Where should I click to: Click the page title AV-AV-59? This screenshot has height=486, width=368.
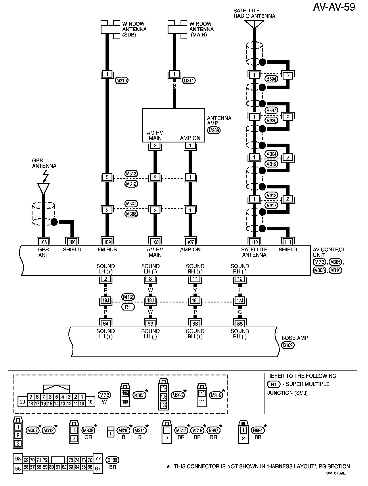coord(334,7)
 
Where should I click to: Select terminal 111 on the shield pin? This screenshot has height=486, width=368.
coord(288,242)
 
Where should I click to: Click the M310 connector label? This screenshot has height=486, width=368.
coord(122,81)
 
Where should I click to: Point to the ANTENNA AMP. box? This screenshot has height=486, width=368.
coord(173,125)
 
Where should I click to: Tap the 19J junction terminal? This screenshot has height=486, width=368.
coord(106,301)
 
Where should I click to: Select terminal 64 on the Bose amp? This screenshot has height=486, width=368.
coord(106,324)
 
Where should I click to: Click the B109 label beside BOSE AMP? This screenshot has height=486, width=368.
coord(288,345)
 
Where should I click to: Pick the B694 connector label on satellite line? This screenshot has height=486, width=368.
coord(271,78)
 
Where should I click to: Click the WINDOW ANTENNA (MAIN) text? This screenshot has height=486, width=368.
coord(201,29)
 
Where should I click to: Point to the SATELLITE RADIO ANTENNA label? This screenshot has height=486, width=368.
coord(254,14)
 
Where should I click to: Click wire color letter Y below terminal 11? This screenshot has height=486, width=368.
coord(195,290)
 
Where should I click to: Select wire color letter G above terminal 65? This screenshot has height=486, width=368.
coord(240,312)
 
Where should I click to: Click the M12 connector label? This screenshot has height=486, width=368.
coord(128,297)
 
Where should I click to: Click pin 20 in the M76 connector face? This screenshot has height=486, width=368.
coord(22,402)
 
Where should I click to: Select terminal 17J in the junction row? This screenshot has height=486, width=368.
coord(240,301)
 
